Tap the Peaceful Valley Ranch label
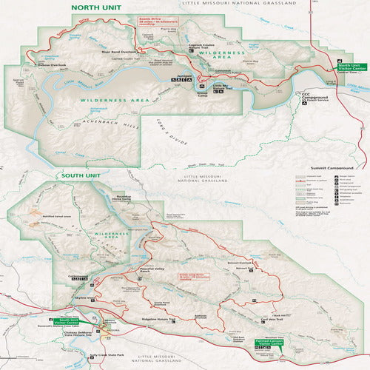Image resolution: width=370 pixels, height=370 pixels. (152, 269)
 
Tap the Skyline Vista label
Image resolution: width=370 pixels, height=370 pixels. (83, 298)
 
